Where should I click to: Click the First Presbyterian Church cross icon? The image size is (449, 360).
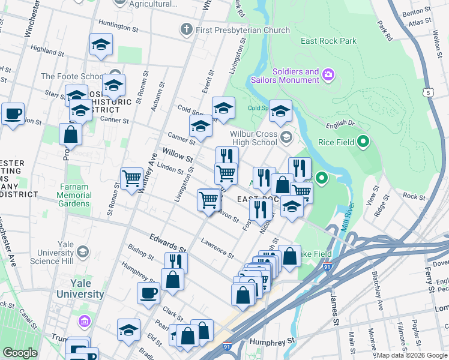(187, 29)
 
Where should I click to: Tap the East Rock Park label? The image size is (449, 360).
(329, 41)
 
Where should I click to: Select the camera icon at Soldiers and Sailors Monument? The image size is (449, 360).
(328, 75)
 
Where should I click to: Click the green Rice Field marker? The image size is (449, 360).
(363, 142)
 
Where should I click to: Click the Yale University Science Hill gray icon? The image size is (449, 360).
(83, 251)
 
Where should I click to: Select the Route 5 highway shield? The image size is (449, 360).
(427, 92)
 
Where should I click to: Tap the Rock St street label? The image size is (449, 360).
(414, 196)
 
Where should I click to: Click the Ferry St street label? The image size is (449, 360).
(430, 281)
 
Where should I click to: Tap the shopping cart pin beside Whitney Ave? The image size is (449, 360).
(131, 178)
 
